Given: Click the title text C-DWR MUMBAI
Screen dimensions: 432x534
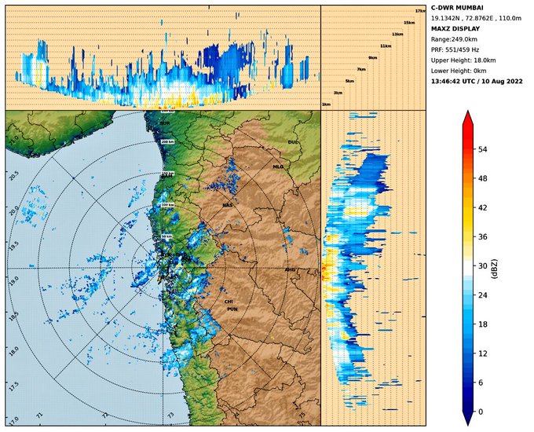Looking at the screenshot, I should pyautogui.click(x=457, y=7).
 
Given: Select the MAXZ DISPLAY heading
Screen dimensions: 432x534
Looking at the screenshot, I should pyautogui.click(x=456, y=28).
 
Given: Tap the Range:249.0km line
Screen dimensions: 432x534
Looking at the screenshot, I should pyautogui.click(x=452, y=38).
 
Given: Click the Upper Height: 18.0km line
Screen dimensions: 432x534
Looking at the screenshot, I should pyautogui.click(x=463, y=60).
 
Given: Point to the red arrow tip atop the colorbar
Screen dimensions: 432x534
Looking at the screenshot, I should pyautogui.click(x=468, y=114).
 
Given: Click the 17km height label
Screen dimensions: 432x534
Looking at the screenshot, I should pyautogui.click(x=419, y=10).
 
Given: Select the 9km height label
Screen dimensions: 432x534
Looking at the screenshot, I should pyautogui.click(x=372, y=57).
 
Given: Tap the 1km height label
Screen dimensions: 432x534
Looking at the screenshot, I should pyautogui.click(x=325, y=104).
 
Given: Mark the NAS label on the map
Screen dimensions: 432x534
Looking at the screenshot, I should pyautogui.click(x=228, y=205).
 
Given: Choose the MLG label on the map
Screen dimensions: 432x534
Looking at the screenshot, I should pyautogui.click(x=278, y=167).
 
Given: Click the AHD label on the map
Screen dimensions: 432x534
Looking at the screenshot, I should pyautogui.click(x=290, y=269).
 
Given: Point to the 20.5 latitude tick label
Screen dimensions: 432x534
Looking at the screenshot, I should pyautogui.click(x=11, y=175).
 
